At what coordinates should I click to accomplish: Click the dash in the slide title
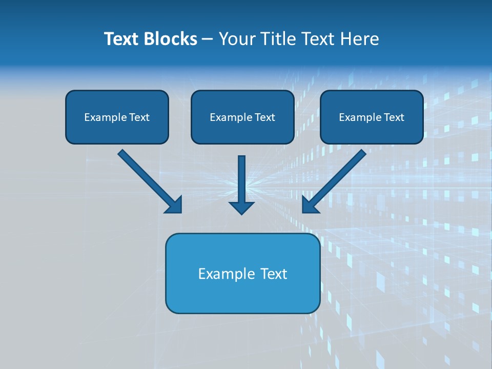click(x=208, y=39)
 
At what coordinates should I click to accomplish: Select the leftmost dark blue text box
click(x=117, y=117)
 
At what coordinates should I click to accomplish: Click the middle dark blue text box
click(x=242, y=117)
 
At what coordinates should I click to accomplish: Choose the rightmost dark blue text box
click(x=372, y=117)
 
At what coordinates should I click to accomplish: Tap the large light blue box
click(x=242, y=273)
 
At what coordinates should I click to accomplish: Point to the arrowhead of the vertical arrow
click(x=241, y=208)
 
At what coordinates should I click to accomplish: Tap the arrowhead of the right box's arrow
click(x=310, y=206)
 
